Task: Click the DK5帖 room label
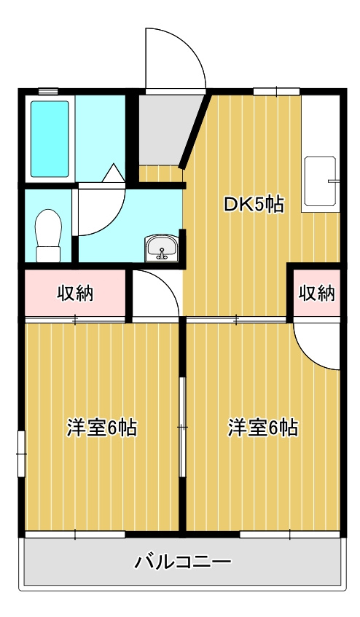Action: pos(253,205)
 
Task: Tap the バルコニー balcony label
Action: pos(183,562)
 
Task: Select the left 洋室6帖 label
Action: pos(102,428)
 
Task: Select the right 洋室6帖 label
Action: pos(262,428)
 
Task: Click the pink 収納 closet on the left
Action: pos(76,294)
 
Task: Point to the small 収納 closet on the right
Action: pos(316,293)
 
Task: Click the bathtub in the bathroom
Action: pos(50,138)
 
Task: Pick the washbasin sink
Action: pos(161,248)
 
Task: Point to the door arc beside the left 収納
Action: pos(154,294)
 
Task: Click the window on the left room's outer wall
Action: pos(22,452)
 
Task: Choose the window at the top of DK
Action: pos(276,91)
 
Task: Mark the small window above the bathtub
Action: pos(48,90)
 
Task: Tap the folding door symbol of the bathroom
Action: pos(114,175)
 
